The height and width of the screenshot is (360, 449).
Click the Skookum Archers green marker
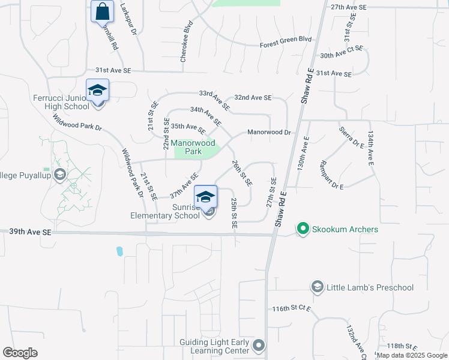303,229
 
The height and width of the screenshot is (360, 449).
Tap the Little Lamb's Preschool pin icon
316,287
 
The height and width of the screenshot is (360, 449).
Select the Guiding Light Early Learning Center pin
259,345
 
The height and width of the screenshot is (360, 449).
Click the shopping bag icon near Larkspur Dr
102,11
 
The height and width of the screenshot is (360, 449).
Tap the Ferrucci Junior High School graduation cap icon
97,91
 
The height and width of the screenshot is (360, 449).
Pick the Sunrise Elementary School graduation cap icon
205,197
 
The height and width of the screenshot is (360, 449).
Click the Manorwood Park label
193,147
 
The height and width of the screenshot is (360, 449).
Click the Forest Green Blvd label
286,42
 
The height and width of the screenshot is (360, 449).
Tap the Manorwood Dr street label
269,132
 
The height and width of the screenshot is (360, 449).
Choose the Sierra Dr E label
352,137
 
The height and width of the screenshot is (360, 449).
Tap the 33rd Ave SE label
214,100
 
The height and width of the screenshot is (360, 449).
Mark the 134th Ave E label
372,148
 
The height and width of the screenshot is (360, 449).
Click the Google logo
20,353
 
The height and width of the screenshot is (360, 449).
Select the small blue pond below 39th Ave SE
119,250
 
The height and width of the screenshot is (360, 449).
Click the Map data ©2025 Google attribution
412,355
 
